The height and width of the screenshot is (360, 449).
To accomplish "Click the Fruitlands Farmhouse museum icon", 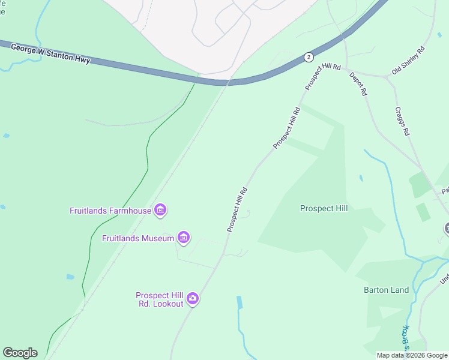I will pos(160,210).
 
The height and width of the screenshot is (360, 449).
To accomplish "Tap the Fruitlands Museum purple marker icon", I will pos(184,238).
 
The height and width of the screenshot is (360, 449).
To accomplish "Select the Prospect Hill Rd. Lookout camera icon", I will pos(192,298).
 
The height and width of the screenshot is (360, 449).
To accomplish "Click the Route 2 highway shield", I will pos(308,57).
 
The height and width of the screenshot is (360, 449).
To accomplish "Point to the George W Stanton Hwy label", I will pos(52,55).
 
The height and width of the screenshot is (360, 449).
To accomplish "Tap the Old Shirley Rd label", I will pos(408,60).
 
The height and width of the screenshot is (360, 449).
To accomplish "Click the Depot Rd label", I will pos(360,85).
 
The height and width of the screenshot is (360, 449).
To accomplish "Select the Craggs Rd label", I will pos(402,121).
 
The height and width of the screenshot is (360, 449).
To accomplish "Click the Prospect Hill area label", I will pos(324,208).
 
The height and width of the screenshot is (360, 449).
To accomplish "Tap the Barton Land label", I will pos(386,290).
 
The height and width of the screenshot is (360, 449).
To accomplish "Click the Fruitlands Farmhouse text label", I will pos(110,211).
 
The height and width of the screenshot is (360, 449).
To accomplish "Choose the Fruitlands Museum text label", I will pos(138,238).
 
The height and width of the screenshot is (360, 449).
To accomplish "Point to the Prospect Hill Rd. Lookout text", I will pos(159,299).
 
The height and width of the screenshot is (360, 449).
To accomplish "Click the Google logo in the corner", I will pos(20,352).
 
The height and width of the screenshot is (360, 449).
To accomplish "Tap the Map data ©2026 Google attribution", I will pos(412,355).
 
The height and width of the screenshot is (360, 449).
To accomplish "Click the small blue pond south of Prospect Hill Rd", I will pos(240,302).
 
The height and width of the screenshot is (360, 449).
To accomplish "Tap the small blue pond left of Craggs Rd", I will pos(360,178).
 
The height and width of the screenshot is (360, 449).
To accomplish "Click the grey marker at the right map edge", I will pos(447,228).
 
